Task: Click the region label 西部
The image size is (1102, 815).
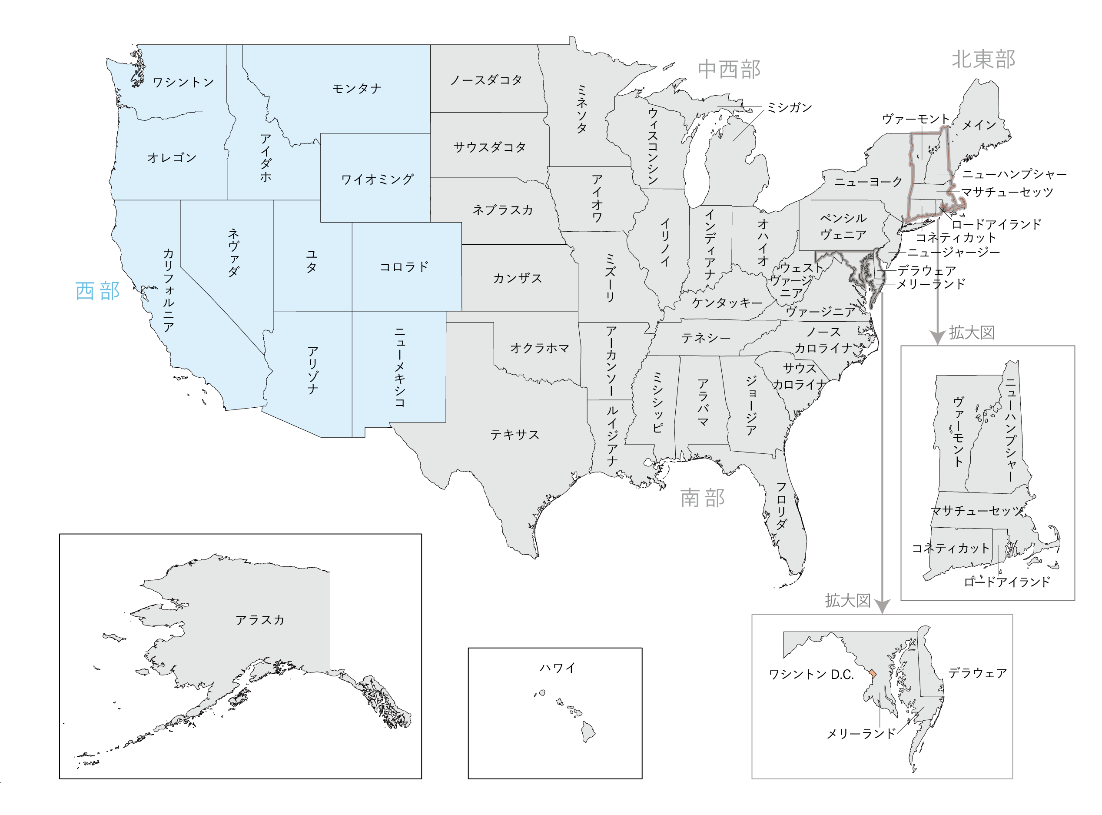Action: [x=97, y=291]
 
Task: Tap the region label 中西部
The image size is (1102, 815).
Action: [x=729, y=70]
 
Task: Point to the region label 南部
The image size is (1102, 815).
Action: [x=702, y=498]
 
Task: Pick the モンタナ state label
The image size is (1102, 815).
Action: [x=356, y=89]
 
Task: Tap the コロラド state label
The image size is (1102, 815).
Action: [x=404, y=267]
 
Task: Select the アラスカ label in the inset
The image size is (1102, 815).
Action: [x=259, y=620]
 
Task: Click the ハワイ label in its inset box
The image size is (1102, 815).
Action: [x=557, y=668]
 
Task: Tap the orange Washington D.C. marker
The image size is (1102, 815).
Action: [x=873, y=673]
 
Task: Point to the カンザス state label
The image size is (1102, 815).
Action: [x=517, y=278]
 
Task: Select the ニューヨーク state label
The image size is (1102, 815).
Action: [x=868, y=182]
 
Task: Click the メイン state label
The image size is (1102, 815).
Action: [x=979, y=125]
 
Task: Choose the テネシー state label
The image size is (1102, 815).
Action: [x=706, y=338]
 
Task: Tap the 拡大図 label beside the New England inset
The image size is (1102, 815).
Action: [x=971, y=333]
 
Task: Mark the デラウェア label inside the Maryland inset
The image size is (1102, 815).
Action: [x=977, y=673]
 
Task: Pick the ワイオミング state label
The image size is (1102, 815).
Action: [x=377, y=179]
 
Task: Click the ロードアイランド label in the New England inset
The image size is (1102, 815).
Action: [x=1007, y=582]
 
